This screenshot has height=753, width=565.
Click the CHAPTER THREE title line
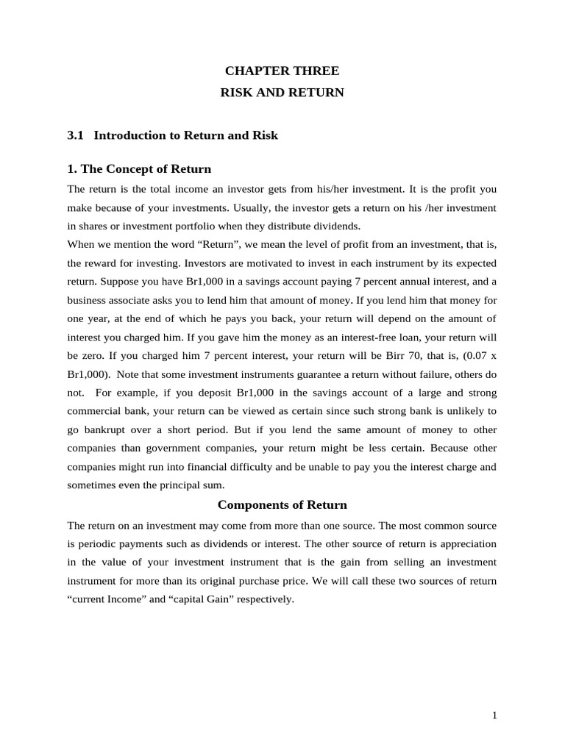point(282,71)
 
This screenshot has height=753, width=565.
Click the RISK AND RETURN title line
point(282,93)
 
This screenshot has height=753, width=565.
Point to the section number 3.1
point(76,135)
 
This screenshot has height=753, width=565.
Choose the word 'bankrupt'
point(110,429)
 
